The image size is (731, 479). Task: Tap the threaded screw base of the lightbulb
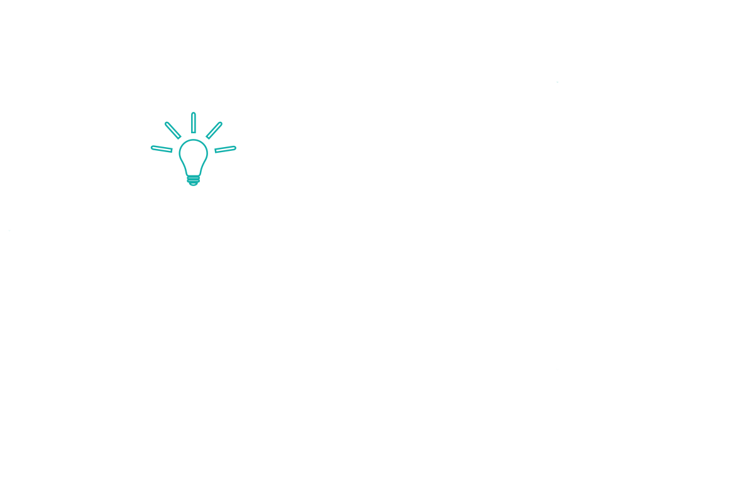coord(193,180)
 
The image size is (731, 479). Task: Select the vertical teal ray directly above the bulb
coord(193,122)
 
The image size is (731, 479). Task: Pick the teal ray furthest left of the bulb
coord(162,149)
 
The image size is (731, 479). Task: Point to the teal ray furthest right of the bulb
coord(225,149)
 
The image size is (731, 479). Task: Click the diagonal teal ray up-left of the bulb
coord(173,130)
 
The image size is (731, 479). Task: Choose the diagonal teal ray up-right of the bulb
coord(214,129)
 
